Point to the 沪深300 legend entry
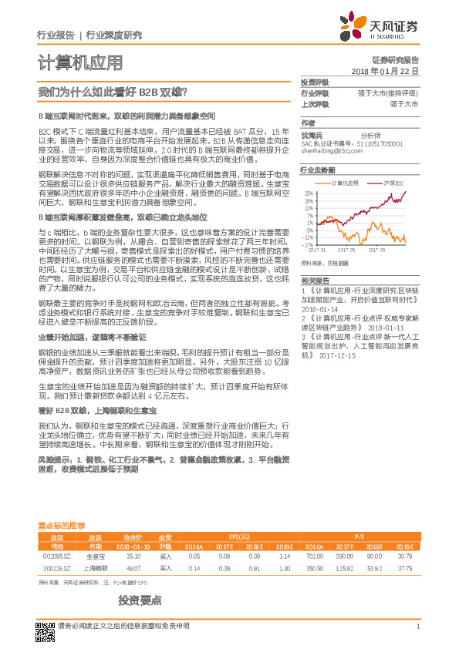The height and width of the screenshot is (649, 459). (393, 183)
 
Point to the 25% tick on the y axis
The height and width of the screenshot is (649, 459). (309, 193)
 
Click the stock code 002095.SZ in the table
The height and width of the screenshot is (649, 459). (56, 555)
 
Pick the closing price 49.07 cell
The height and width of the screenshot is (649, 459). (133, 568)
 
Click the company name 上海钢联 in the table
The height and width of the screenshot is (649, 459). (96, 568)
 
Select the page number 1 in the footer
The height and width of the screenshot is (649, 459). (417, 625)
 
